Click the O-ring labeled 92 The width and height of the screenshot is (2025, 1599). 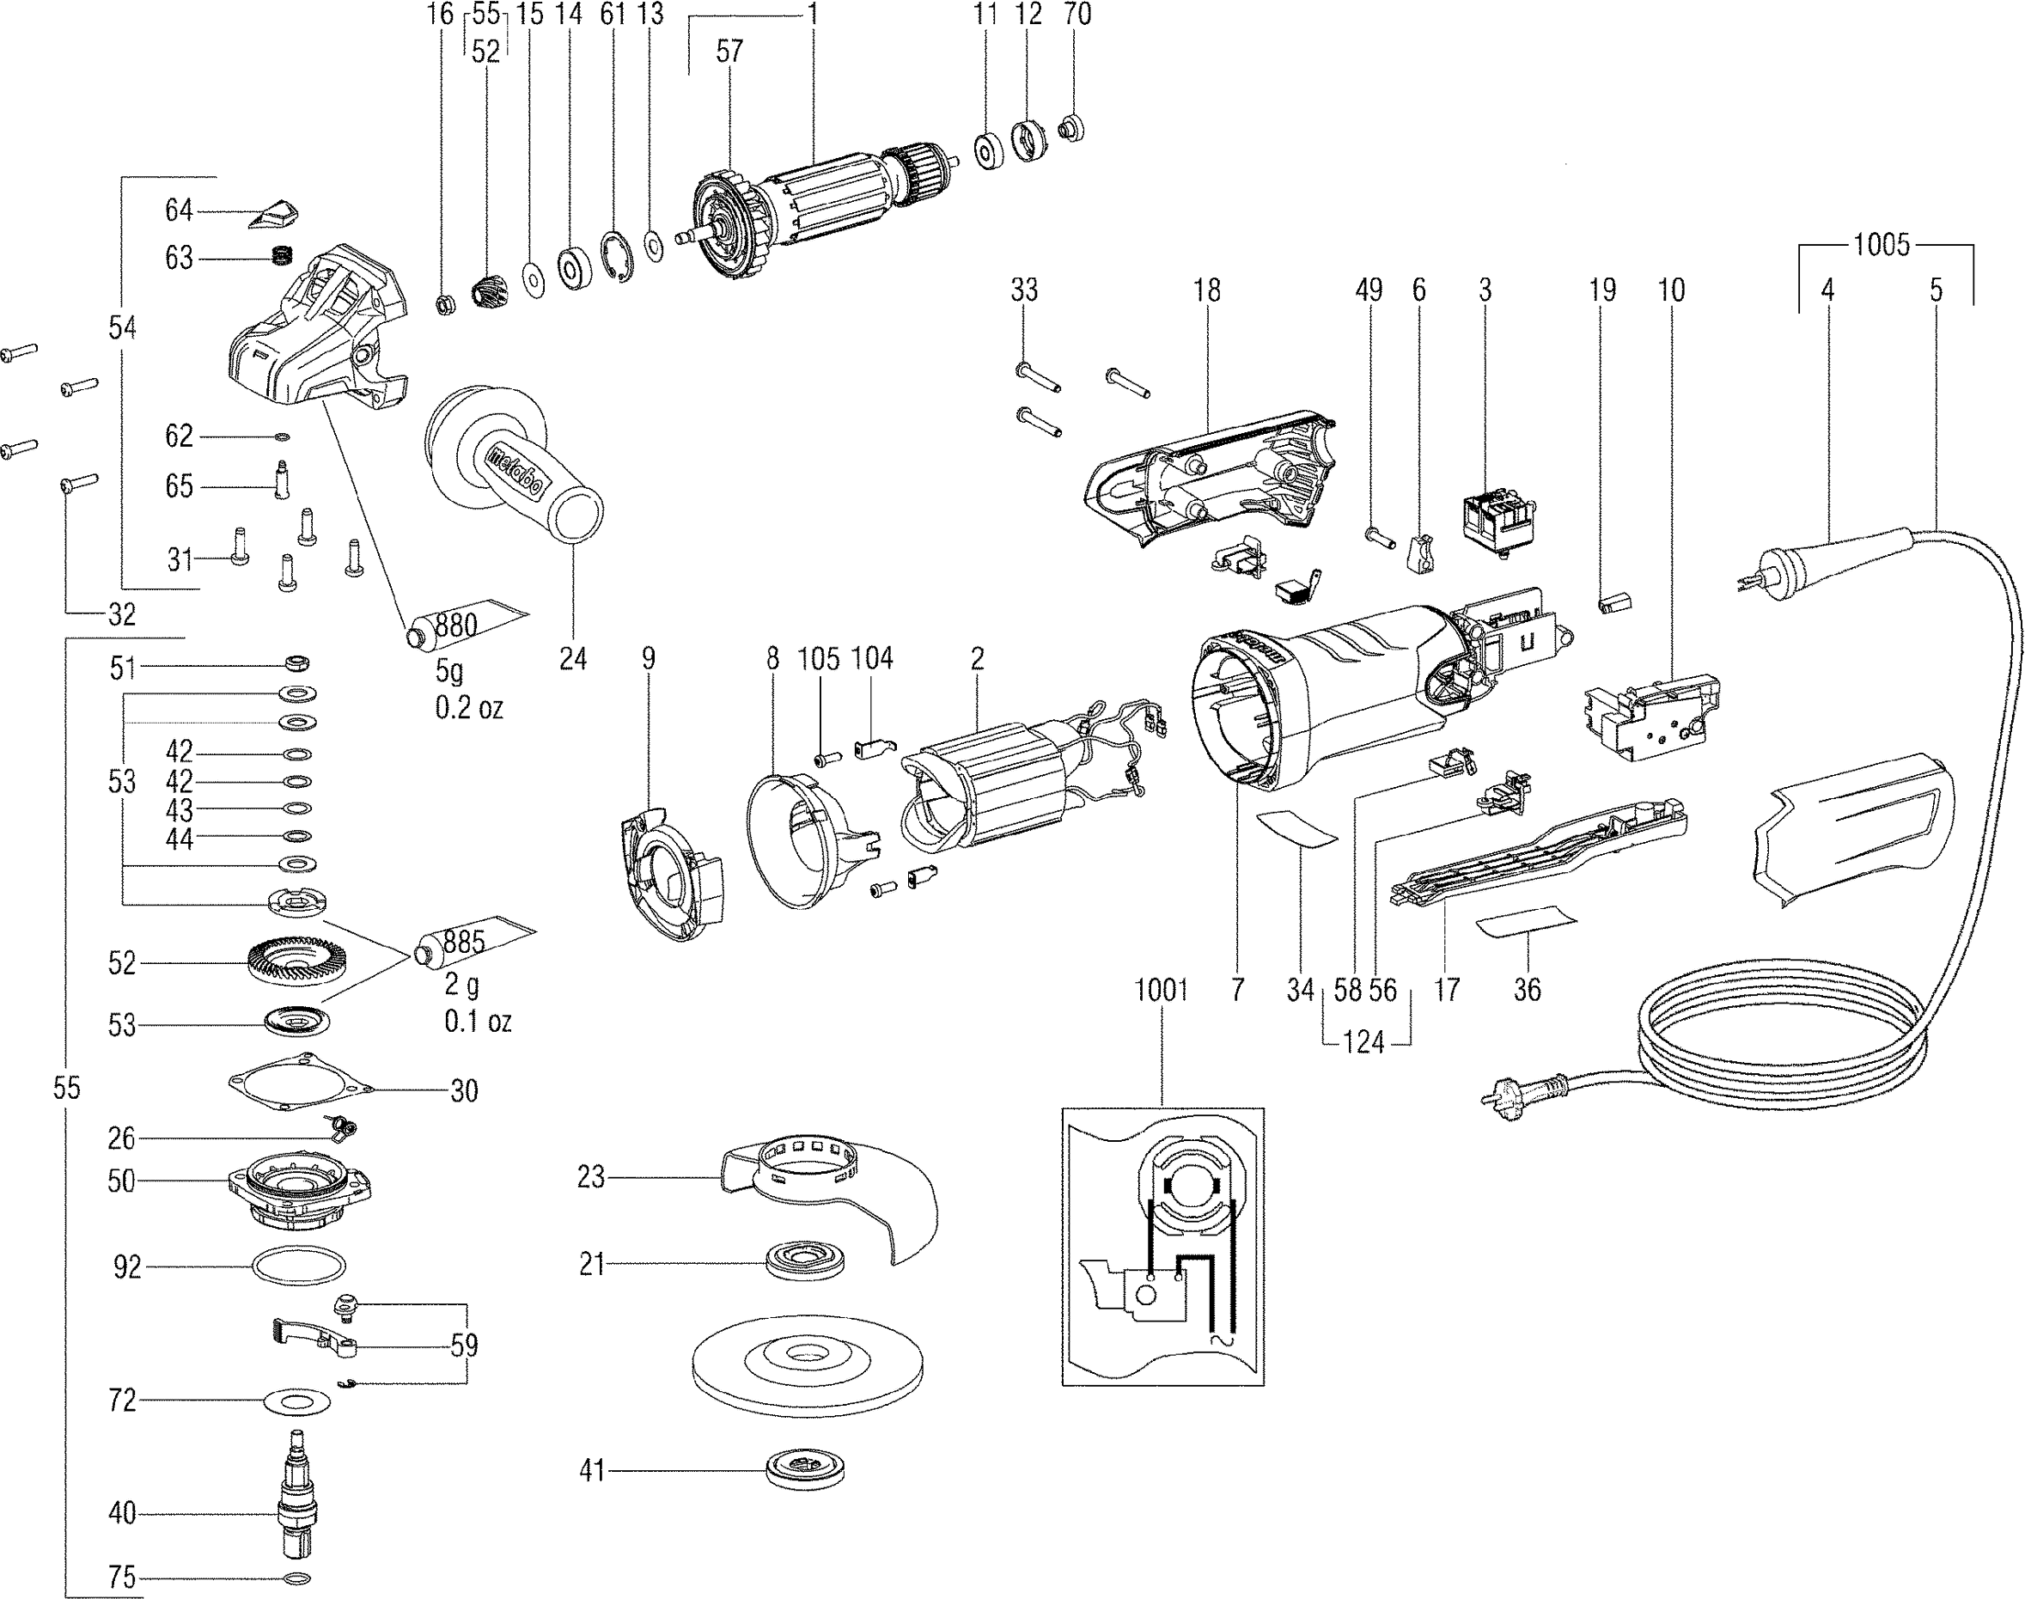pos(299,1266)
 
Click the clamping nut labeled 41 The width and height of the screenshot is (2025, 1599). pos(806,1470)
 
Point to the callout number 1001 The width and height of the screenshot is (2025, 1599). pos(1161,990)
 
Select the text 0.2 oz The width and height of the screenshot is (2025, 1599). pos(469,708)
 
